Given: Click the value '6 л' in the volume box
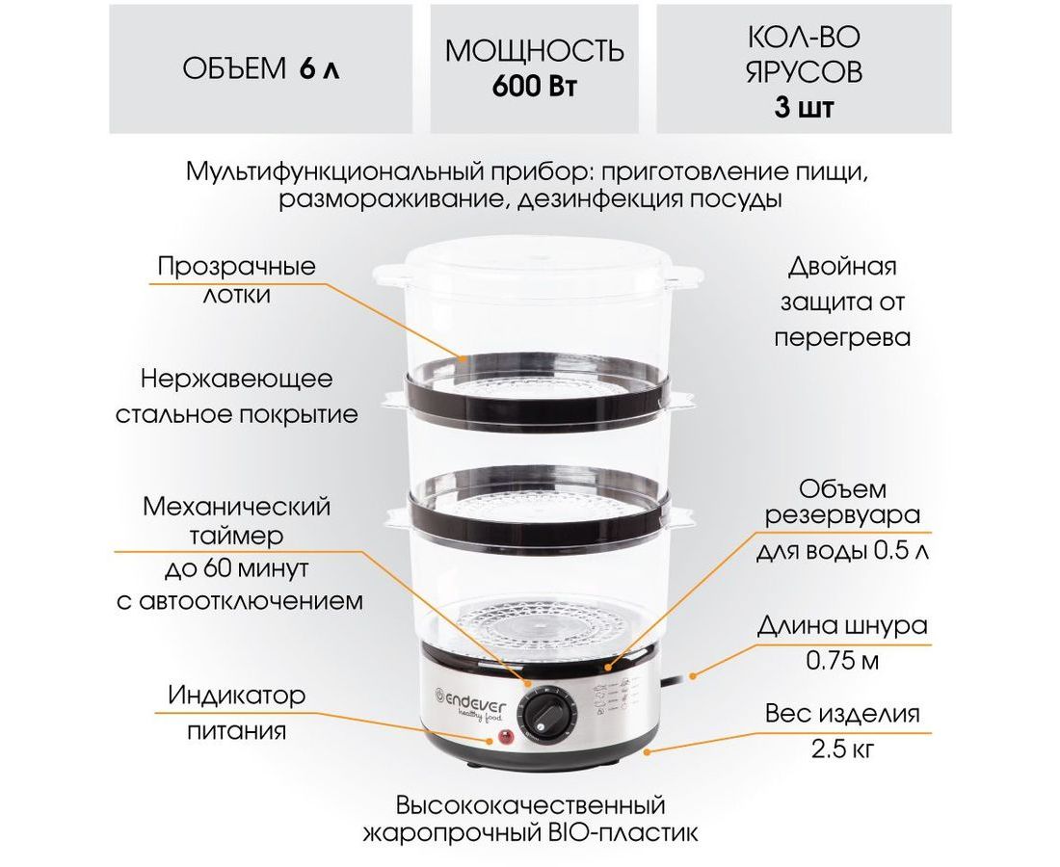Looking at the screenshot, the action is point(318,69).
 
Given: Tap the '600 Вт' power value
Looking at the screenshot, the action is point(534,87).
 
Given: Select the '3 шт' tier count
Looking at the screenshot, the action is point(804,107).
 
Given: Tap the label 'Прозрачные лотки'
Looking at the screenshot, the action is point(237,279).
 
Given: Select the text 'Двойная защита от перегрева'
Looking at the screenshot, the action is point(842,302).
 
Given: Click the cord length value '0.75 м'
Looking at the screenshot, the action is point(842,660).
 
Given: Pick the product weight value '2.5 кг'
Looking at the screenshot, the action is point(842,749).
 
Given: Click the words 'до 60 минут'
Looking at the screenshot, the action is point(237,568).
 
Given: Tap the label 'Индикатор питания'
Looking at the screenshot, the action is point(237,712).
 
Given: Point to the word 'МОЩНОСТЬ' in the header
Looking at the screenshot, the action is point(534,51).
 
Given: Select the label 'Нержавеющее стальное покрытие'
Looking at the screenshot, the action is point(237,396).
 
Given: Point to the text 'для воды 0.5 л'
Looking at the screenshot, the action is point(842,551).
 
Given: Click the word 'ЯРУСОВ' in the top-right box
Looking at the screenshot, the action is point(804,71).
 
